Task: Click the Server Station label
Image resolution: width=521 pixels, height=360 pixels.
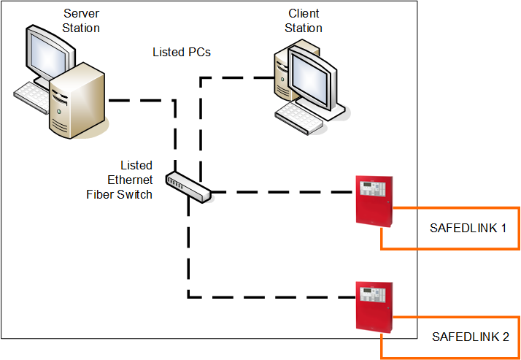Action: click(81, 20)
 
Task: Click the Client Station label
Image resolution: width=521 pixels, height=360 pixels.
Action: click(304, 20)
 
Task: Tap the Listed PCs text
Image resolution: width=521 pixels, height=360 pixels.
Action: click(182, 52)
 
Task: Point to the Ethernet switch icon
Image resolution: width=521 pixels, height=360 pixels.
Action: click(188, 187)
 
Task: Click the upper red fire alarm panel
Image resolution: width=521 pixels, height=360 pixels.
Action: click(374, 200)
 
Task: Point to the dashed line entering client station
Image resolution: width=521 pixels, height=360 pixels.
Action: click(234, 77)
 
